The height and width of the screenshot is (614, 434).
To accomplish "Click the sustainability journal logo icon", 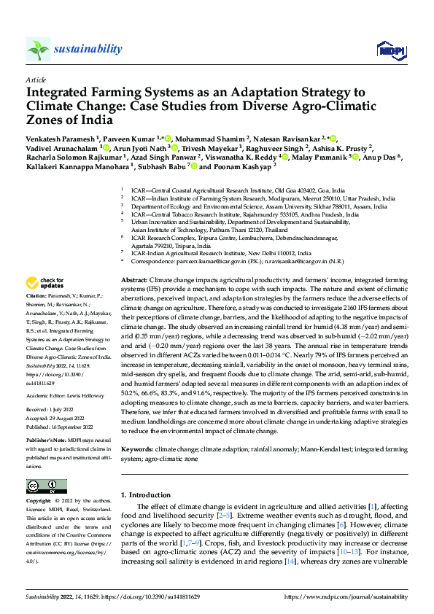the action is pos(38,49).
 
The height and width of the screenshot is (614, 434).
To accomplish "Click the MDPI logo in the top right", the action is pos(387,50).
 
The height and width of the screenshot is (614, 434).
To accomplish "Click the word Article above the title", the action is pos(36,79).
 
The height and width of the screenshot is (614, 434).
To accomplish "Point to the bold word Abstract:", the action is pos(133,280).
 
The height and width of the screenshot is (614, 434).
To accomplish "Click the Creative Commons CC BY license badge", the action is pos(47,486).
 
